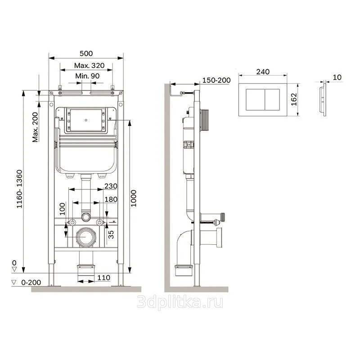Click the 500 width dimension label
(86, 54)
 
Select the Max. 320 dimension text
(89, 65)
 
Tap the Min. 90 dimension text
(87, 76)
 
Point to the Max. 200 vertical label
(35, 127)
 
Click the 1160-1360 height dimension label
(19, 189)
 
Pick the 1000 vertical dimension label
(134, 198)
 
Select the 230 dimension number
(111, 186)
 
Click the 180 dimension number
(111, 199)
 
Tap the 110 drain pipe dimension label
(104, 278)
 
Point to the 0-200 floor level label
(31, 283)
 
